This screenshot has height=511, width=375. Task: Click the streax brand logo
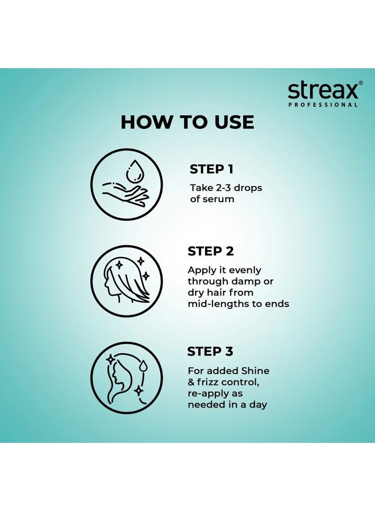[322, 90]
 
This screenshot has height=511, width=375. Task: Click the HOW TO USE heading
[188, 122]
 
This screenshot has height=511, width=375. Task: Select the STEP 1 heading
[211, 169]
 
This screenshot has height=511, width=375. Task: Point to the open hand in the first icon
[125, 193]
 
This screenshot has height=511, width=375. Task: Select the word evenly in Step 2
[242, 270]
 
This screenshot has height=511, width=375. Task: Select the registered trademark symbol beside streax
[360, 83]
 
